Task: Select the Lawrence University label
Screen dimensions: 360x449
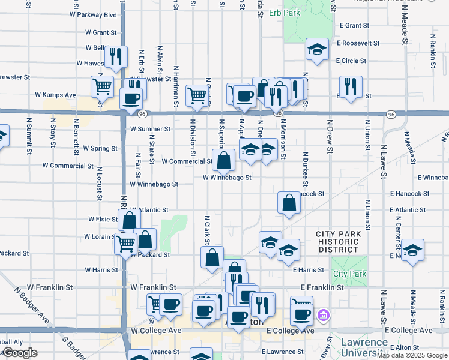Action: (364, 347)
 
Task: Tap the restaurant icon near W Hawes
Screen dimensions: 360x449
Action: (115, 56)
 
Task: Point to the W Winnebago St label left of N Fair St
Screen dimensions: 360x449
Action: (154, 185)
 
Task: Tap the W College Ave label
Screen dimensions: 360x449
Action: (156, 331)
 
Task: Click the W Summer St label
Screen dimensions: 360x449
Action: (150, 129)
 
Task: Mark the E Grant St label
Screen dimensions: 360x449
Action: (354, 26)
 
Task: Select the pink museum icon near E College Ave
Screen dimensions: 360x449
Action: (323, 314)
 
